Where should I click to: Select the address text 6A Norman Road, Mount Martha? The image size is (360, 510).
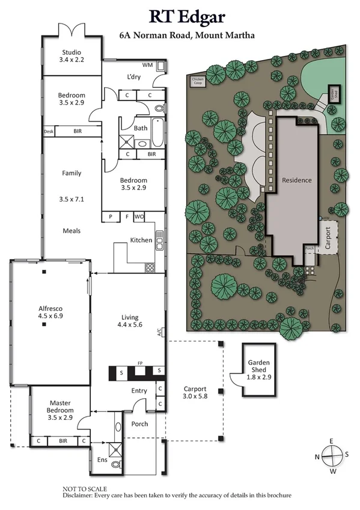[186, 35]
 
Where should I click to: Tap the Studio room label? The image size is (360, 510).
[72, 51]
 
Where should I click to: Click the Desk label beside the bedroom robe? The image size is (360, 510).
[49, 131]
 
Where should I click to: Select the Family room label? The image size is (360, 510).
[72, 173]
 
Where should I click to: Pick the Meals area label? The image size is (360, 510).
[72, 230]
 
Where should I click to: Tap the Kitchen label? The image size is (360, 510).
[141, 240]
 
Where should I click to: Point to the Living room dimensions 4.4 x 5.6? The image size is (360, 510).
[130, 325]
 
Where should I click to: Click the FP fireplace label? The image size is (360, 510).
[140, 363]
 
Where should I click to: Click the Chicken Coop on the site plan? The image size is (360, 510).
[198, 81]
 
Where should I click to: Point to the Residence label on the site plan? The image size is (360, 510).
[297, 180]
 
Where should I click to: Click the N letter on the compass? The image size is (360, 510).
[317, 456]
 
